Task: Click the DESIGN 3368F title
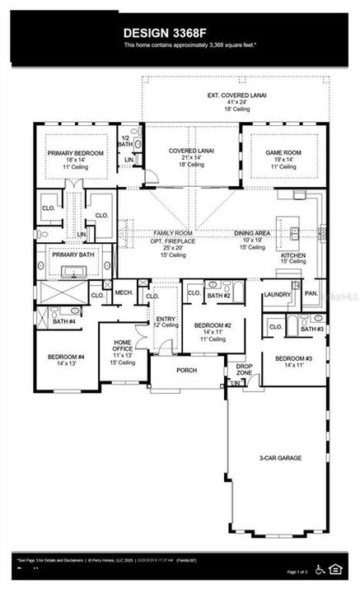pos(180,32)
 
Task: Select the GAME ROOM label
pos(278,152)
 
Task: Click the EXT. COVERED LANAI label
pos(236,96)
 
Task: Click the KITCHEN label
pos(293,255)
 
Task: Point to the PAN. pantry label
pos(311,293)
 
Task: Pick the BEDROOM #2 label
pos(212,325)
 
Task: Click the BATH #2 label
pos(218,295)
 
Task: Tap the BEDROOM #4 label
pos(64,358)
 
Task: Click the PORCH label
pos(187,370)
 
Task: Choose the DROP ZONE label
pos(244,370)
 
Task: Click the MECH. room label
pos(124,292)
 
